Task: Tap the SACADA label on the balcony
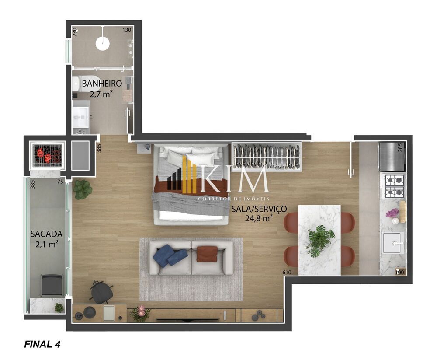coord(46,234)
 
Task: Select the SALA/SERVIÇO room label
coord(259,209)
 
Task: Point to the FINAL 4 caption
coord(42,344)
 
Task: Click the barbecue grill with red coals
coord(47,155)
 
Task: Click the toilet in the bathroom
coord(76,84)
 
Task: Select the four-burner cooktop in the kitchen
coord(394,186)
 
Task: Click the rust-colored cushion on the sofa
coord(207,254)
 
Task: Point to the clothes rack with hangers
coord(266,157)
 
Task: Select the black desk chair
coord(102,291)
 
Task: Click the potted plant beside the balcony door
coord(83,189)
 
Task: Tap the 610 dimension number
coord(287,273)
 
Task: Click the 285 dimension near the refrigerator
coord(400,148)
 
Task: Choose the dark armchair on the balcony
coord(52,285)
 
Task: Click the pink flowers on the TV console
coord(141,311)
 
